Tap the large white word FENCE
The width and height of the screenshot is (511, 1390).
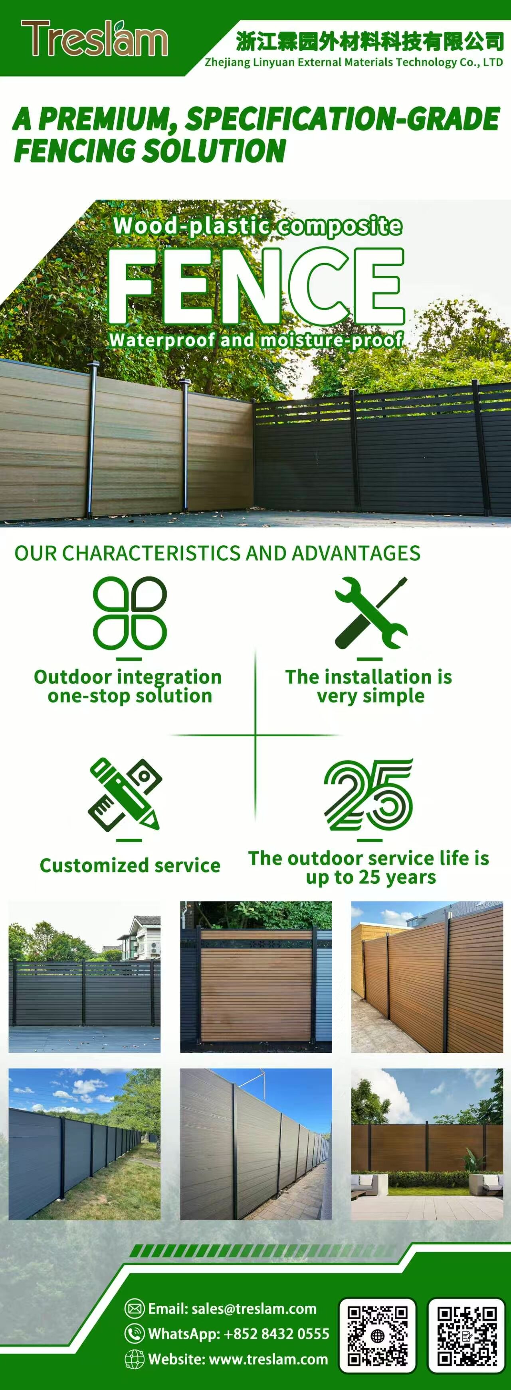(x=257, y=285)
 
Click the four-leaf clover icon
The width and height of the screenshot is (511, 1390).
(x=130, y=612)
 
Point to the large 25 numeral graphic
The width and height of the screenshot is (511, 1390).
(x=369, y=794)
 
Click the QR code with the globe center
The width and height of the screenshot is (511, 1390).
(x=377, y=1335)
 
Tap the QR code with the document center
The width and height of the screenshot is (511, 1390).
(x=467, y=1335)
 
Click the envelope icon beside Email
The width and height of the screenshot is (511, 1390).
(x=135, y=1309)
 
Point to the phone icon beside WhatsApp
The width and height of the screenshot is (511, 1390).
(x=135, y=1334)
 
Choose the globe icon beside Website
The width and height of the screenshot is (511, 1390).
(x=135, y=1359)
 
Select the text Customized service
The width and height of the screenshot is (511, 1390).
(x=130, y=865)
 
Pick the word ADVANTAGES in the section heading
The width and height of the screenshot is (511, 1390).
(x=356, y=553)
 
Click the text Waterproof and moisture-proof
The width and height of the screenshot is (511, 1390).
(x=256, y=340)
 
